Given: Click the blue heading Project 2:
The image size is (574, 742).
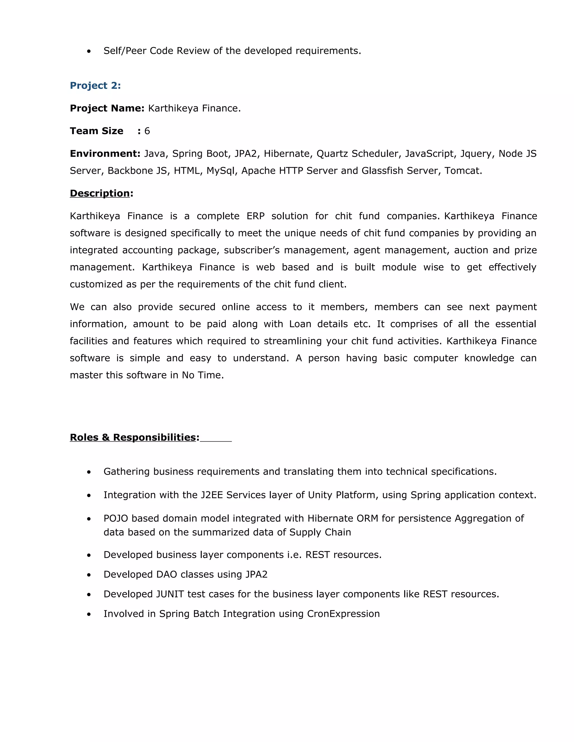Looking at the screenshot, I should pos(95,86).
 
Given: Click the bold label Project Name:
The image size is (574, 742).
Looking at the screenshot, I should pos(107,108).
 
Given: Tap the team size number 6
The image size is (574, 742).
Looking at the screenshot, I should pos(147,131).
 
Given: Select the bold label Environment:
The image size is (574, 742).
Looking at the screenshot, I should pos(105,154).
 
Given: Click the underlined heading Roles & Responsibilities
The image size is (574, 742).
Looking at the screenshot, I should pos(134,438).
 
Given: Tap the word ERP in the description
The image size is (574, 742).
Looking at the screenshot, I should pos(255,216).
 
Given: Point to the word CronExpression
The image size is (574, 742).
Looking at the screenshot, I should pos(343,614).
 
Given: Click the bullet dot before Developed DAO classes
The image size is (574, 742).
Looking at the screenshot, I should pos(89,575).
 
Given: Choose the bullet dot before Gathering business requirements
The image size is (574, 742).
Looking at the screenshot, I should pos(89,472).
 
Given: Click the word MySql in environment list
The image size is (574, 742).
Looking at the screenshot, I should pos(221,171).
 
